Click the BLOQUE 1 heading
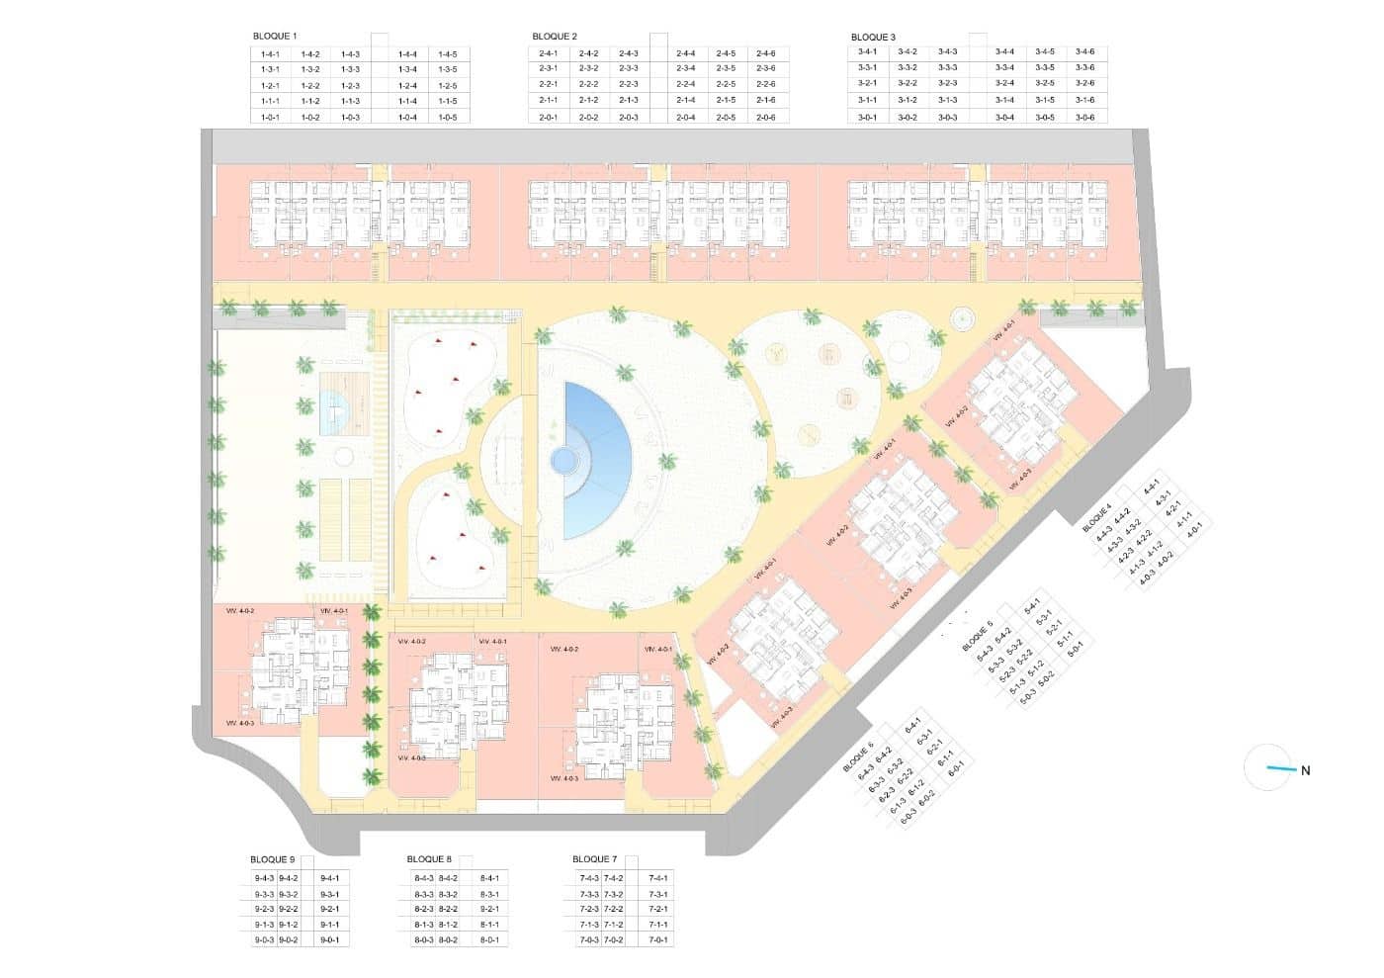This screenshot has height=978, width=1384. (x=275, y=37)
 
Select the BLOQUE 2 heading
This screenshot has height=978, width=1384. (x=555, y=37)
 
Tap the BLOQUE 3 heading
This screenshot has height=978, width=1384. (x=873, y=38)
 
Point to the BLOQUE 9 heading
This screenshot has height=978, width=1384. (x=273, y=860)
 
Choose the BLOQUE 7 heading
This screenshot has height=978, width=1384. (x=594, y=859)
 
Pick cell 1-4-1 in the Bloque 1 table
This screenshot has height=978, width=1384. (x=270, y=54)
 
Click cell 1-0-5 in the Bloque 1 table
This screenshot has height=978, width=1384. (x=447, y=118)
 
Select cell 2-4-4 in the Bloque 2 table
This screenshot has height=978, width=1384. (x=686, y=53)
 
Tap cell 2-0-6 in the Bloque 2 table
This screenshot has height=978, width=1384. (x=765, y=118)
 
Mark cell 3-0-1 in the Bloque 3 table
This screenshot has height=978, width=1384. (x=867, y=118)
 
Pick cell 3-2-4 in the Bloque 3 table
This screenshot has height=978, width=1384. (x=1005, y=84)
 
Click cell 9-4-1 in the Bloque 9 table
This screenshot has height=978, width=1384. (x=329, y=878)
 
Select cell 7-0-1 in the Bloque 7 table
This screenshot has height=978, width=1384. (x=658, y=940)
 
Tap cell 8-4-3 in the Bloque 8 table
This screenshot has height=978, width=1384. (x=424, y=878)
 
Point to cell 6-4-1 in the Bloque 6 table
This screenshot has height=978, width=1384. (x=913, y=725)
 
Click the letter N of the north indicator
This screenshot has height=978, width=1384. (x=1305, y=771)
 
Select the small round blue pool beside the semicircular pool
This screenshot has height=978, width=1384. (x=563, y=460)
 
